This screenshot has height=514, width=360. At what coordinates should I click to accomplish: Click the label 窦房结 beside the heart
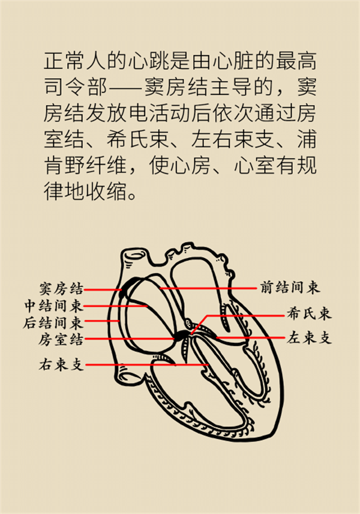[61, 288]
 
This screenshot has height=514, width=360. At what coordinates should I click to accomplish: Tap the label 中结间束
[54, 306]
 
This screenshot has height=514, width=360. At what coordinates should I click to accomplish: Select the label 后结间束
[53, 323]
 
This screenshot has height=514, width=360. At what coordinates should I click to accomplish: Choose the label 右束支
[61, 364]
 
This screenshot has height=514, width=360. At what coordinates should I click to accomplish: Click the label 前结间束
[290, 287]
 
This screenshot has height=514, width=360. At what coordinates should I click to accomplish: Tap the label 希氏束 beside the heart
[309, 313]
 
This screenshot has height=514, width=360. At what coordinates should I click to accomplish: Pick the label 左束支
[309, 337]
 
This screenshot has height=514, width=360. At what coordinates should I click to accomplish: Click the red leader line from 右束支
[147, 364]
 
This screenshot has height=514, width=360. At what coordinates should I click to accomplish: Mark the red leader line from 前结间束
[209, 288]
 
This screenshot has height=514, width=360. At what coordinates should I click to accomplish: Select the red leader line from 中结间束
[116, 306]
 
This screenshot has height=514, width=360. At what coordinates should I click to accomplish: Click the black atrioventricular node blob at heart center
[182, 335]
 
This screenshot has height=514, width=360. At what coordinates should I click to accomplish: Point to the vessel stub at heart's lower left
[126, 372]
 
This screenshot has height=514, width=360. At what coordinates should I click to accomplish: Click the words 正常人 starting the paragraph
[75, 61]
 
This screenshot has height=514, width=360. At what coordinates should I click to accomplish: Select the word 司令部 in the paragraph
[76, 87]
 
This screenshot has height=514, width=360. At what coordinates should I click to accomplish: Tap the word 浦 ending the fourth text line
[306, 139]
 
